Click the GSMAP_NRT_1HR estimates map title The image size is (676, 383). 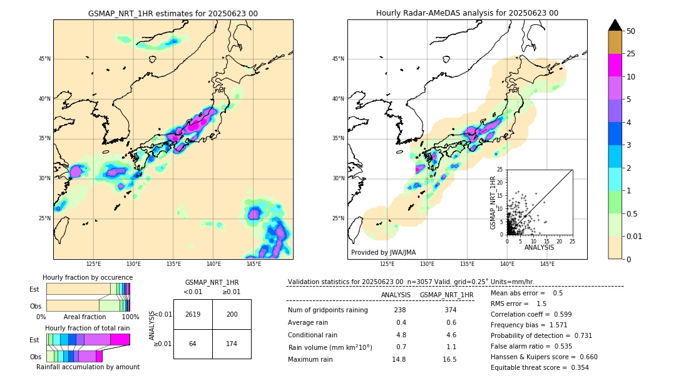click(173, 13)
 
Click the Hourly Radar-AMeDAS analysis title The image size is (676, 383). click(467, 13)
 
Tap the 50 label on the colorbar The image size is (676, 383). click(631, 31)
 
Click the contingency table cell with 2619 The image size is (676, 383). click(193, 314)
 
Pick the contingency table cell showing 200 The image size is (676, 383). click(232, 314)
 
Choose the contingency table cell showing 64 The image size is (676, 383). click(193, 344)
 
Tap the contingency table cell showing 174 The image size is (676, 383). click(232, 344)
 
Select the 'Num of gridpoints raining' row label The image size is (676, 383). click(327, 310)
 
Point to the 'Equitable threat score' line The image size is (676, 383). click(540, 367)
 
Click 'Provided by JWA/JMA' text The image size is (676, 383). click(383, 253)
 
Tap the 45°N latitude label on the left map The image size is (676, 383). click(44, 59)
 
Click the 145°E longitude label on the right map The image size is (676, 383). click(547, 264)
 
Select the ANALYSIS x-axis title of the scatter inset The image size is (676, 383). click(539, 247)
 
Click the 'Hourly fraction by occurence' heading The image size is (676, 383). click(88, 277)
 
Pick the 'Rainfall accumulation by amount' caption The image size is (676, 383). click(88, 367)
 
